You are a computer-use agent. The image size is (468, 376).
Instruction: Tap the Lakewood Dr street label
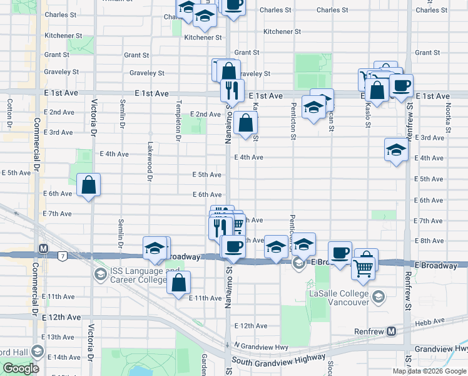tap(150, 161)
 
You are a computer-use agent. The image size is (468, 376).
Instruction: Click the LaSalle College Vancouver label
tap(338, 297)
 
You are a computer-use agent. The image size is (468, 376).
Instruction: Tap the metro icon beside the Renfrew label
tap(392, 330)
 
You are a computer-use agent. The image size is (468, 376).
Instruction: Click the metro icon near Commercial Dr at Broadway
tap(43, 248)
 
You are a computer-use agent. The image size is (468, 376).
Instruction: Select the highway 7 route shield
tap(63, 256)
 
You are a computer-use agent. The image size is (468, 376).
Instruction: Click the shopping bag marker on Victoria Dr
tap(89, 185)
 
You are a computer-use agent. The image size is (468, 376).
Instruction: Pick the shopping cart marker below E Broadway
tap(362, 268)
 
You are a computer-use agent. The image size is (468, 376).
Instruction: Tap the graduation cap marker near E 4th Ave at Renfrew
tap(395, 150)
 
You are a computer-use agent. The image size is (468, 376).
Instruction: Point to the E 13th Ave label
tap(61, 337)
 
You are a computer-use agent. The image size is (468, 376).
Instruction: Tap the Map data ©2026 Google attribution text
tap(429, 371)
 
